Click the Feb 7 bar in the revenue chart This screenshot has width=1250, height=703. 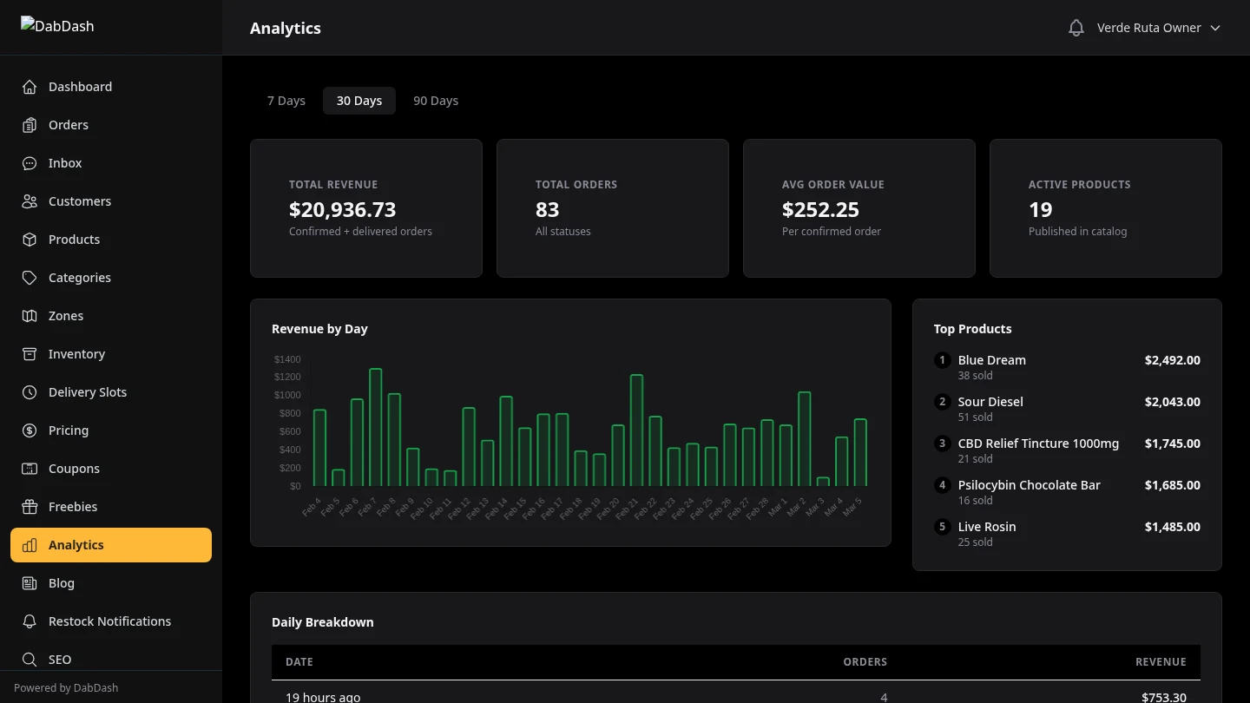coord(375,427)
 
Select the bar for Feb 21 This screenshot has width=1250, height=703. coord(636,430)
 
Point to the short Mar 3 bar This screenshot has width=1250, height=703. coord(823,481)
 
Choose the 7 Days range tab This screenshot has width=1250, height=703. coord(286,101)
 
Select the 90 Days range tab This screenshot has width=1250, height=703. coord(436,101)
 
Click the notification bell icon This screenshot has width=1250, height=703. coord(1076,28)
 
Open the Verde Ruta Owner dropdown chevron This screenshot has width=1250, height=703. coord(1215,28)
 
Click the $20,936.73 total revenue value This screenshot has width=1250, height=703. coord(342,210)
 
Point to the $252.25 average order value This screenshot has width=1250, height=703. coord(820,210)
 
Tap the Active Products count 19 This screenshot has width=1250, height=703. coord(1040,210)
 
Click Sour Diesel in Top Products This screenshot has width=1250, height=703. coord(990,402)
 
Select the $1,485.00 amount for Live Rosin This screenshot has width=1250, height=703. coord(1172,527)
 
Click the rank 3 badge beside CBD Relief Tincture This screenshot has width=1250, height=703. coord(942,443)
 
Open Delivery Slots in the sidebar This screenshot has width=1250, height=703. coord(88,392)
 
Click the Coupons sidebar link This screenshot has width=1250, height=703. coord(74,469)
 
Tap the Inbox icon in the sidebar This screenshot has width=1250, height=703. coord(30,163)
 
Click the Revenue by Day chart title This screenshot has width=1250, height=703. coord(319,329)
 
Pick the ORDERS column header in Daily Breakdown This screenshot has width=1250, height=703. coord(865,661)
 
